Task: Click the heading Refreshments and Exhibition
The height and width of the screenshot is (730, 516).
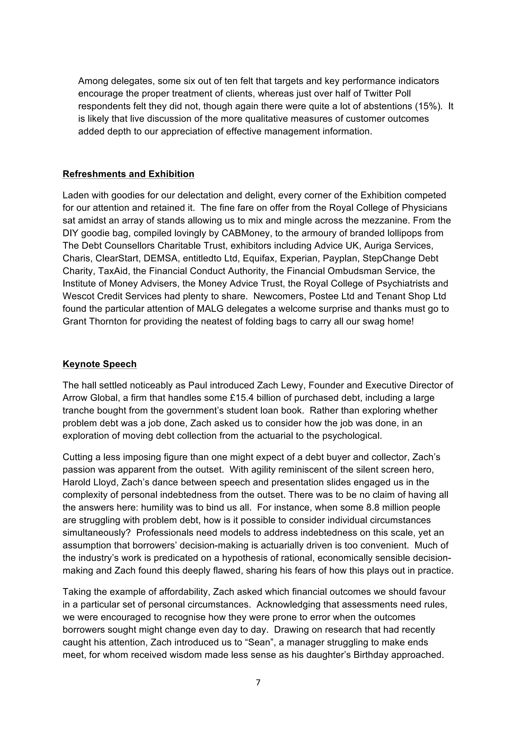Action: click(x=128, y=174)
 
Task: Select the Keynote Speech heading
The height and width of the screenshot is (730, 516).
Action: click(x=100, y=364)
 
